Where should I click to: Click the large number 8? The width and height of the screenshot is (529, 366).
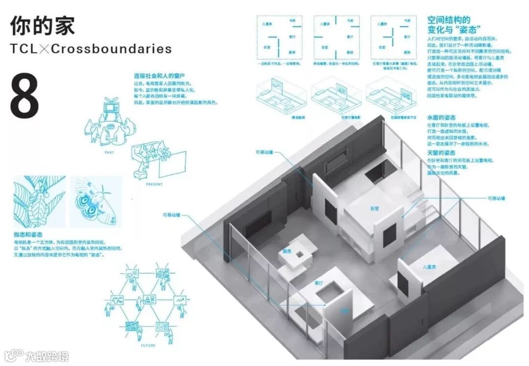tap(24, 96)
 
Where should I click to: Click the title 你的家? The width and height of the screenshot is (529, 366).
tap(43, 25)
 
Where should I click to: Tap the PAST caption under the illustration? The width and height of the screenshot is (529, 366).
tap(109, 152)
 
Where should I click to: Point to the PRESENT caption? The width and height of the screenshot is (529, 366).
tap(154, 184)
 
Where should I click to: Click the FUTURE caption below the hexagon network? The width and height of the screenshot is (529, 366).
tap(147, 345)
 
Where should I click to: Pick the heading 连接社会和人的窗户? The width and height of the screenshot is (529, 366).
tap(159, 76)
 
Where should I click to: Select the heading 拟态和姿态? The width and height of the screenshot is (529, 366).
tap(28, 236)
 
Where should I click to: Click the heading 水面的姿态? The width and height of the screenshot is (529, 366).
tap(441, 118)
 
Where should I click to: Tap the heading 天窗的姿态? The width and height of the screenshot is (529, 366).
tap(441, 153)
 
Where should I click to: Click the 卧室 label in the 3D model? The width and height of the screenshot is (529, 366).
tap(375, 208)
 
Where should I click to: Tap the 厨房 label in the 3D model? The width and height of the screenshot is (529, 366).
tap(287, 251)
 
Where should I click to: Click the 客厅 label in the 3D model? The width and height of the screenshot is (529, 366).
tap(319, 283)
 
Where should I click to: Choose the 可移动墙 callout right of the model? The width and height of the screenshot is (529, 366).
tap(496, 198)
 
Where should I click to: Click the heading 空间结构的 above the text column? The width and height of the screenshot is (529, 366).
tap(449, 20)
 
